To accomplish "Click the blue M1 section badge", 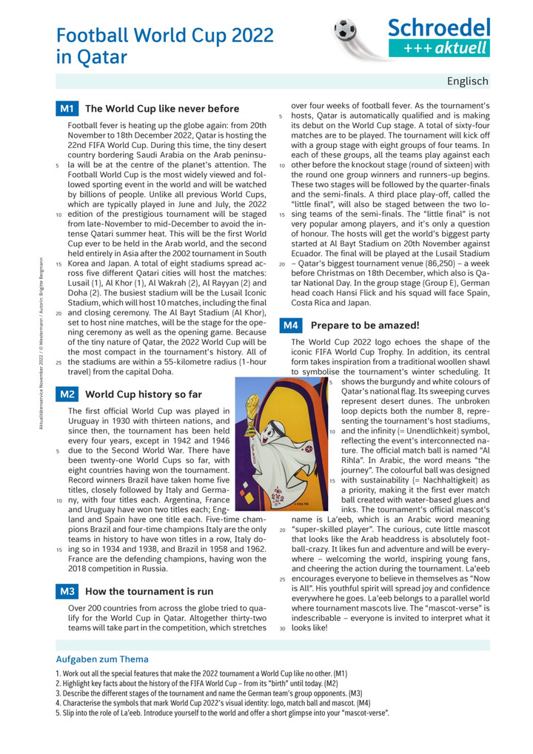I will click(x=67, y=109).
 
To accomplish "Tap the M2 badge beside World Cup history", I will click(x=67, y=394).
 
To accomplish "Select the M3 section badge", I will click(x=67, y=591).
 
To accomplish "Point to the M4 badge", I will click(x=291, y=325).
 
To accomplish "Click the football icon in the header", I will click(x=346, y=31).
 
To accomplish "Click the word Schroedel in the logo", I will click(x=440, y=29).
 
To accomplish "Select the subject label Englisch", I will click(x=467, y=81).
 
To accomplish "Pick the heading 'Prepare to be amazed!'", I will click(x=365, y=325).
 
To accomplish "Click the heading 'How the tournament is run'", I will click(x=150, y=591).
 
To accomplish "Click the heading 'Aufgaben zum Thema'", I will click(x=102, y=659).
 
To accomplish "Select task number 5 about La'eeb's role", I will click(x=222, y=713).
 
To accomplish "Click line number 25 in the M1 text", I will click(x=58, y=363).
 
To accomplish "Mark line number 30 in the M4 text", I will click(x=282, y=627).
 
